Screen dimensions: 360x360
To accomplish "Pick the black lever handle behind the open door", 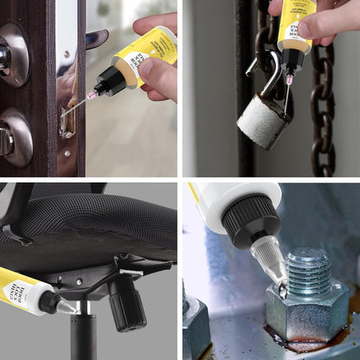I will [x=96, y=38].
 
